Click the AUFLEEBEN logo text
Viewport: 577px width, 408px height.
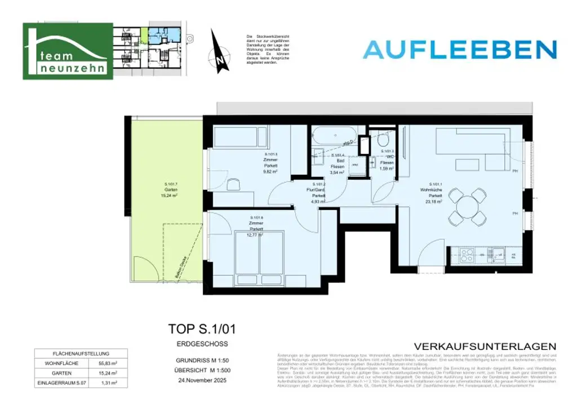(460, 50)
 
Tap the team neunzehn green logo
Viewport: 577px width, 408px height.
(68, 51)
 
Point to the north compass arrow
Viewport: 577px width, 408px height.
(220, 51)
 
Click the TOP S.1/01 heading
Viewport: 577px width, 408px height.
(198, 329)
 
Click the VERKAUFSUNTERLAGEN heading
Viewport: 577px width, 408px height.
(485, 346)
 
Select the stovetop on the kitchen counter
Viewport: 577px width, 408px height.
(467, 255)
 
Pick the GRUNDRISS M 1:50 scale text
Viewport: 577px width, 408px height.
(198, 361)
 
